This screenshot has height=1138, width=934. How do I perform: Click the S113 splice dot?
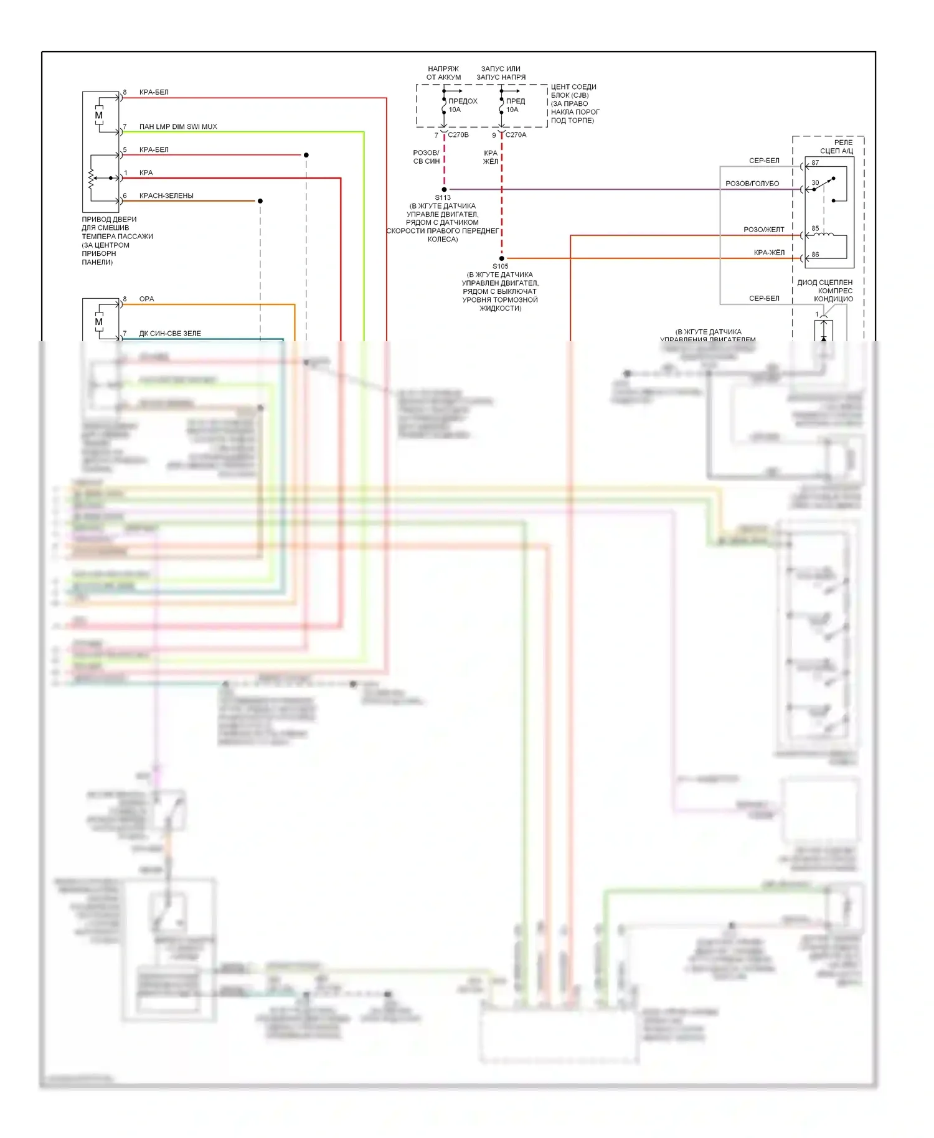coord(444,189)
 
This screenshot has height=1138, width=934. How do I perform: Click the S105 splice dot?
coord(501,258)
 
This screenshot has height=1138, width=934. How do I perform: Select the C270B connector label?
coord(458,135)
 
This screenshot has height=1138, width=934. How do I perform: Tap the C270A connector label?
coord(516,135)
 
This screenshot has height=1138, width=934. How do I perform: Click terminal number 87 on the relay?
coord(815,163)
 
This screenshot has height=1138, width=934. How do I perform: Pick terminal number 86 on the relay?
coord(815,255)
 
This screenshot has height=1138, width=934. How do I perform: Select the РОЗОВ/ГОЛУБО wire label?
coord(752,184)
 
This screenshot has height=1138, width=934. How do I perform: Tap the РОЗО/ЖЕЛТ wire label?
coord(764,230)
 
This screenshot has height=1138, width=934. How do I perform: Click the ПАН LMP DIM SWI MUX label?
coord(178,127)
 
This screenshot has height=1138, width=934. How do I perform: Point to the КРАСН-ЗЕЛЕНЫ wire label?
coord(166,196)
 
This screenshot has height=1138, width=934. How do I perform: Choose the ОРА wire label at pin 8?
coord(146,299)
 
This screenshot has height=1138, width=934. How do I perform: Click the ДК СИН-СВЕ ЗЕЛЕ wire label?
coord(170,334)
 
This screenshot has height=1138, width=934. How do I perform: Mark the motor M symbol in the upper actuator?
coord(99,115)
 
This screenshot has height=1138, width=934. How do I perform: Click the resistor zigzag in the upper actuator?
coord(91,178)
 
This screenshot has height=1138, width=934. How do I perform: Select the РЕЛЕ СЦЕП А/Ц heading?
coord(837,147)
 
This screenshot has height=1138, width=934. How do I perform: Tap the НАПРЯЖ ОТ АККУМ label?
coord(443,73)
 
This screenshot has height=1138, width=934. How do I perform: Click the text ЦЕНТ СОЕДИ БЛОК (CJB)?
coord(573,91)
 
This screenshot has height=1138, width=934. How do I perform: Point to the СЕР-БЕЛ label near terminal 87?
coord(764,161)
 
